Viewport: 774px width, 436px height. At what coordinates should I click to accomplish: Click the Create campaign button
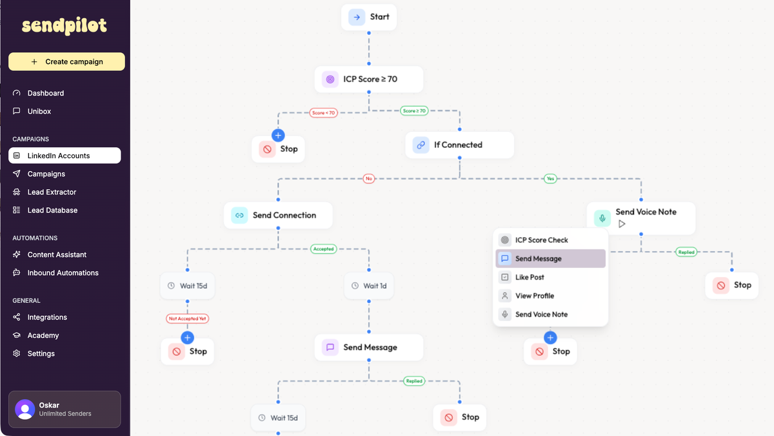tap(66, 61)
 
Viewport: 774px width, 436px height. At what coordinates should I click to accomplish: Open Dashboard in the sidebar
tap(45, 93)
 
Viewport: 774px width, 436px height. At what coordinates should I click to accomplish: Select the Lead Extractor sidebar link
tap(52, 192)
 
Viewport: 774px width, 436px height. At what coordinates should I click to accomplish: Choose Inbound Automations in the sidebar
tap(63, 273)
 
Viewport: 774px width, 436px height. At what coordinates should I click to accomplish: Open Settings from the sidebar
tap(41, 353)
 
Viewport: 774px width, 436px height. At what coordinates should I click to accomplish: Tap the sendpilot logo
tap(64, 26)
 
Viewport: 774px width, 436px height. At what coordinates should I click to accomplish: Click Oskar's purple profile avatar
tap(25, 409)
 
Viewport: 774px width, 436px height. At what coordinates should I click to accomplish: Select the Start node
tap(369, 17)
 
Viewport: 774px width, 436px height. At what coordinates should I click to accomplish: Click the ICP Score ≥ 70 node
tap(369, 79)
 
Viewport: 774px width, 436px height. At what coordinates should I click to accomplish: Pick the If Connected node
tap(459, 145)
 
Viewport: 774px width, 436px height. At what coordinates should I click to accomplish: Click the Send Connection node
tap(278, 215)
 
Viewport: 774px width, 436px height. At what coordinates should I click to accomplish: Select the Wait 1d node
tap(369, 285)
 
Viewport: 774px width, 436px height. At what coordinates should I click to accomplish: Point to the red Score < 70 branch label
tap(323, 112)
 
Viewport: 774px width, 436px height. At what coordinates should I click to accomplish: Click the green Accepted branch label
tap(323, 249)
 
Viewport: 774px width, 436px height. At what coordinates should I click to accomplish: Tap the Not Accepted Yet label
tap(188, 318)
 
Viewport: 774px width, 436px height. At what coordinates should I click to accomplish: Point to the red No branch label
tap(369, 178)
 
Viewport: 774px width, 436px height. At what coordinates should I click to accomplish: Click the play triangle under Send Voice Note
tap(622, 224)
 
